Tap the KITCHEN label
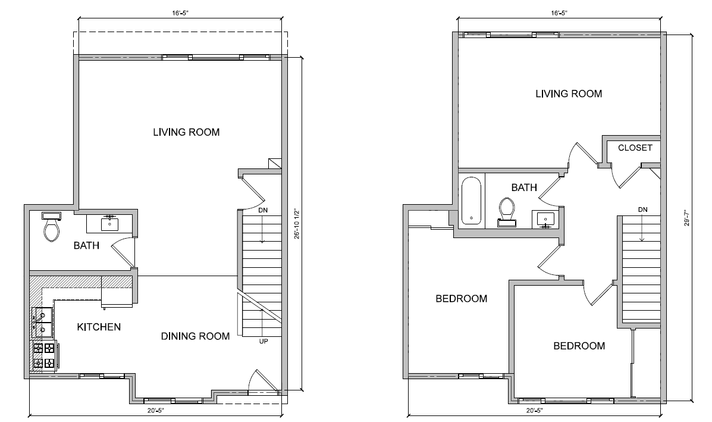pos(99,327)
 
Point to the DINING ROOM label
pos(195,336)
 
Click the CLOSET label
pos(635,148)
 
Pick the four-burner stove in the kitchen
pos(43,355)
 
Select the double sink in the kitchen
pos(42,321)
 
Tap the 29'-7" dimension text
pos(687,218)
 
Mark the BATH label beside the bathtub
pos(524,187)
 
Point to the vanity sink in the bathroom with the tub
pos(546,219)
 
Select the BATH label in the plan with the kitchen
pos(86,245)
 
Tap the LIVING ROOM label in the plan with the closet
pos(568,93)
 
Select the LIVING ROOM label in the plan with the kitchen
pos(186,132)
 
